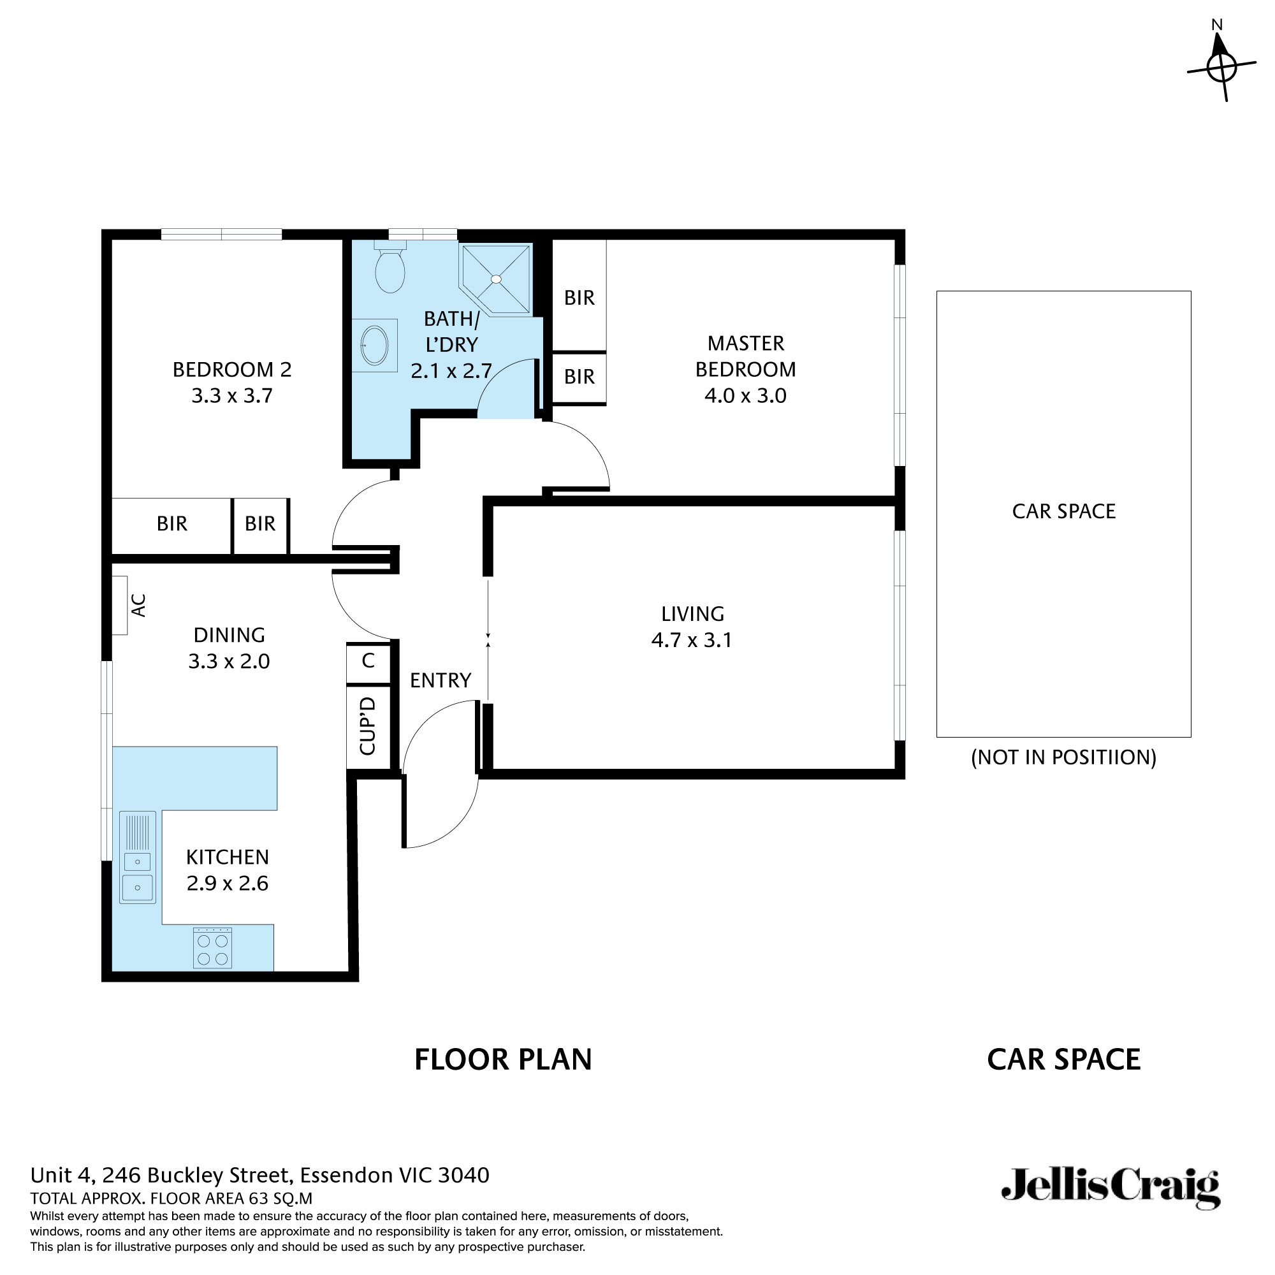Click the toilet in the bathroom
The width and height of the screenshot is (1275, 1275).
coord(390,270)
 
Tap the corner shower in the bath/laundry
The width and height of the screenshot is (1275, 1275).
coord(496,279)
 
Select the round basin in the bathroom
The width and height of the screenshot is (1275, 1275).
coord(374,344)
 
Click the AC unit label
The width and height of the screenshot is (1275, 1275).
coord(138,605)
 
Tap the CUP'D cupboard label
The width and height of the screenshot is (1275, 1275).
coord(368,725)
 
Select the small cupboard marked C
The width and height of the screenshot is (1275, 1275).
coord(368,660)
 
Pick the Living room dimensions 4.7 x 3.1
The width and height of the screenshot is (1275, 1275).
coord(692,640)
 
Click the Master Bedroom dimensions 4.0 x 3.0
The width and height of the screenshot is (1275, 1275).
coord(745,396)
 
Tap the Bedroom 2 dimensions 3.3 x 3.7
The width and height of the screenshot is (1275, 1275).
coord(231,396)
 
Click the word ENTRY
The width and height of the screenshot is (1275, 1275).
coord(440,680)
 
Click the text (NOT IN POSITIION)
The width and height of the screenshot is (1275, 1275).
coord(1063,757)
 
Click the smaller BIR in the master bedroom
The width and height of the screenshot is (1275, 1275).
coord(579,377)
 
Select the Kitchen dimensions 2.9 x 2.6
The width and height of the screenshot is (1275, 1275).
coord(228,884)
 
